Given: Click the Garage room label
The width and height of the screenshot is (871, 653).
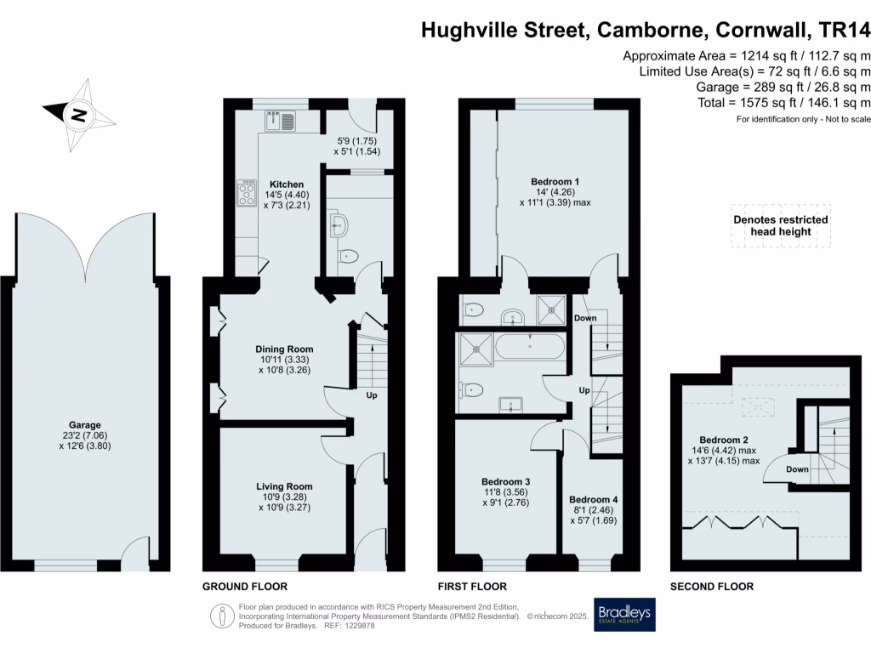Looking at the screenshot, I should click(x=85, y=425).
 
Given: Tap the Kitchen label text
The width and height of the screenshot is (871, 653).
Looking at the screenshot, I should click(x=287, y=185).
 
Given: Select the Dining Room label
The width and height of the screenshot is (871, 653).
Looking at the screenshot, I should click(x=285, y=349).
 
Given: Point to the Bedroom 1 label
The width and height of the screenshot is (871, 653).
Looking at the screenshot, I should click(x=555, y=182).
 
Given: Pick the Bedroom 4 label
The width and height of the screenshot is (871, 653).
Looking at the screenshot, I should click(x=595, y=500).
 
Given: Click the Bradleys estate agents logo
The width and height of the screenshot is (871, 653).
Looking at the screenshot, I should click(x=628, y=615).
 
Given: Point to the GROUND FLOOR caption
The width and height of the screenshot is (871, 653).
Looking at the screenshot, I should click(x=244, y=587).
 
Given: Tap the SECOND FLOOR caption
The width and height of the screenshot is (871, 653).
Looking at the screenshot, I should click(x=711, y=587).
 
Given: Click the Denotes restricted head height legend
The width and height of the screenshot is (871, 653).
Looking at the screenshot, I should click(x=781, y=225).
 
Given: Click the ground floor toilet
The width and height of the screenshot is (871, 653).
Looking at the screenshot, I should click(x=347, y=256).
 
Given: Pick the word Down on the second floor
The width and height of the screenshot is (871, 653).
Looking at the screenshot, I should click(x=798, y=469).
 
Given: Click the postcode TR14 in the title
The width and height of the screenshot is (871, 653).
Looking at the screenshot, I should click(x=844, y=31).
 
